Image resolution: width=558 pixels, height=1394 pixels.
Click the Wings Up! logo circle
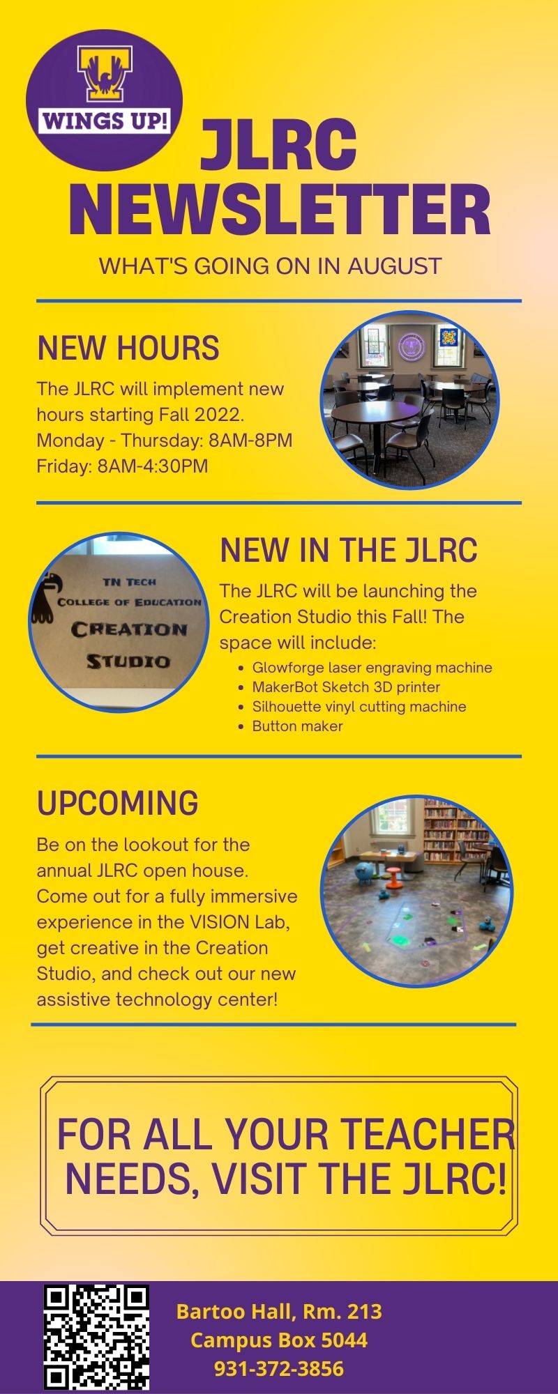coord(104,100)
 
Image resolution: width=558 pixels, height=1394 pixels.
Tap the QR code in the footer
coord(97,1337)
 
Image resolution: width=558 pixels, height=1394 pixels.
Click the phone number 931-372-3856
coord(279,1368)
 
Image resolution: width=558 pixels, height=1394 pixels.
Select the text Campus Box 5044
coord(279,1340)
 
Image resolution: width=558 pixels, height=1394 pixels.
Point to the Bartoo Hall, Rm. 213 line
coord(279,1311)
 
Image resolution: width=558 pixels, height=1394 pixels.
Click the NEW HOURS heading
coord(128,348)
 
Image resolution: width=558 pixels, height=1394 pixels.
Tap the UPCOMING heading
coord(118,803)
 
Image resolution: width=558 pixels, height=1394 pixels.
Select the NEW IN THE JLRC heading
coord(349,550)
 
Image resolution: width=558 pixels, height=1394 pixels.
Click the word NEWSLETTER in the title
coord(280,209)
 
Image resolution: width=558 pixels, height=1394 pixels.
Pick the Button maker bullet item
coord(298,726)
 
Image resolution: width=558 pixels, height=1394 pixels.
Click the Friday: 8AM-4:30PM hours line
coord(123,466)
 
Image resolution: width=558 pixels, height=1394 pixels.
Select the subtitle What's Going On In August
coord(271,266)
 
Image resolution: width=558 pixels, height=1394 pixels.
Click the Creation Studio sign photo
coord(119,622)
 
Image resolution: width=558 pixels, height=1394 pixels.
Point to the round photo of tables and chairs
coord(410,400)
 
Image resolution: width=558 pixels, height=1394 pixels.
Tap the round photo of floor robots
coord(416,891)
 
